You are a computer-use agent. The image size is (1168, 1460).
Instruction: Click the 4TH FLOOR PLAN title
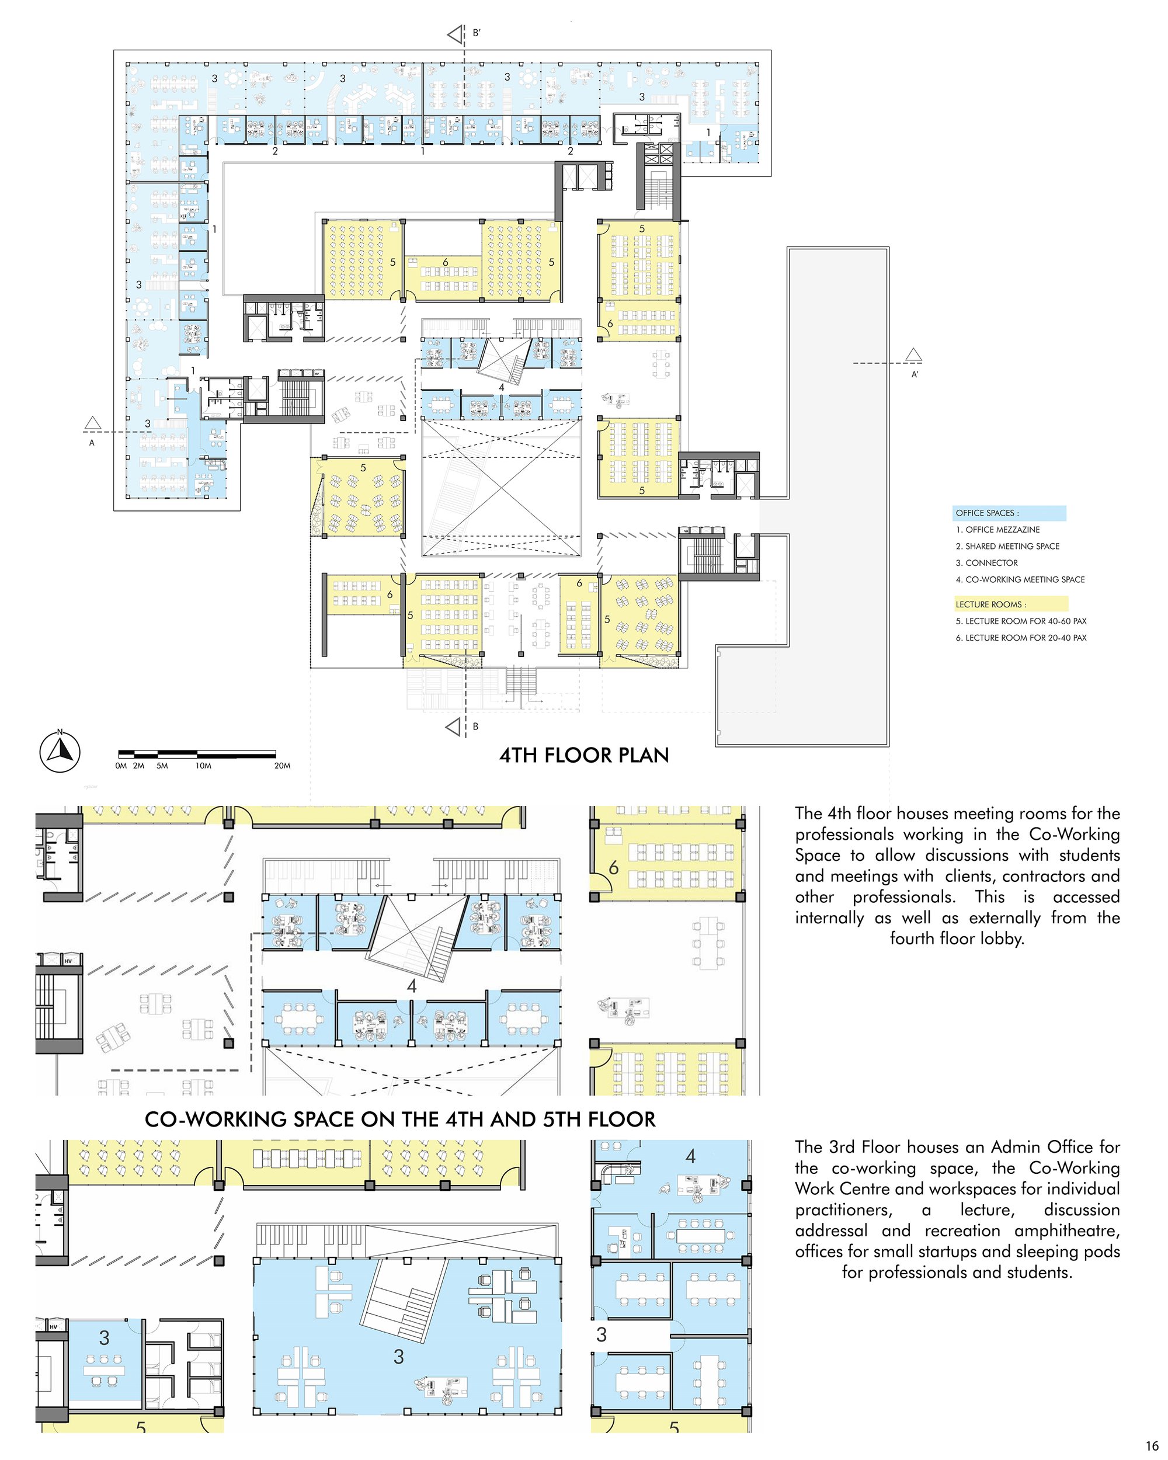point(583,755)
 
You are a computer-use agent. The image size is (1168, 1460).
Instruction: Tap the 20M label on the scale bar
point(282,766)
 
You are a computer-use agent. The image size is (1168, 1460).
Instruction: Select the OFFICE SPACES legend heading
point(987,513)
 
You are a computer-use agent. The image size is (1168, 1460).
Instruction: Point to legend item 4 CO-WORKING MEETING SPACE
point(1020,580)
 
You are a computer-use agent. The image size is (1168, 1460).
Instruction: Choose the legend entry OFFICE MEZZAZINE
point(997,530)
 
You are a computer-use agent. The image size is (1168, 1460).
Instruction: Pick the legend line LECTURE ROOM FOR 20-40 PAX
point(1021,638)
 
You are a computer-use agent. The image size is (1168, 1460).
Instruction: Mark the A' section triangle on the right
point(913,355)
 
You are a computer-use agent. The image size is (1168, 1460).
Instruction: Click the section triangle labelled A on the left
point(93,424)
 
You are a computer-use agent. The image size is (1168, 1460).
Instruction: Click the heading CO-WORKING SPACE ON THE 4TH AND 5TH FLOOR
point(400,1120)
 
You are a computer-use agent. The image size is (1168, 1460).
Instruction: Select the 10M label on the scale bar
point(203,766)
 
